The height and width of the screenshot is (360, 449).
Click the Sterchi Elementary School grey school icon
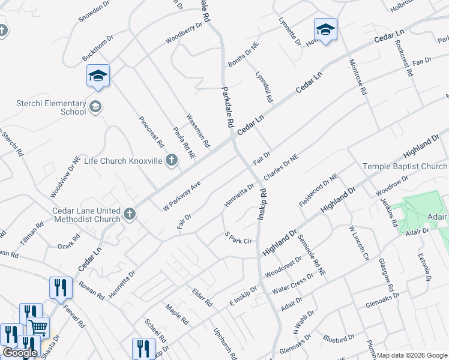tap(95, 107)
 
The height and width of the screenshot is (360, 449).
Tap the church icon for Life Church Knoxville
tap(172, 160)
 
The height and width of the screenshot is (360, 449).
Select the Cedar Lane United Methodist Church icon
tap(129, 214)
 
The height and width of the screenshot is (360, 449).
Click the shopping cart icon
tap(38, 327)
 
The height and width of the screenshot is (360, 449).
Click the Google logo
tap(20, 353)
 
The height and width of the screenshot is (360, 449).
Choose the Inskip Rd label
tap(262, 204)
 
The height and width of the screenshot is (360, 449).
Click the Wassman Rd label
tap(197, 131)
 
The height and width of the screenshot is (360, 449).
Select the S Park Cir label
tap(237, 238)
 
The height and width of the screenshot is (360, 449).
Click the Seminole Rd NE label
tap(312, 255)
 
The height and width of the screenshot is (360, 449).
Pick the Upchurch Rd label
tap(225, 340)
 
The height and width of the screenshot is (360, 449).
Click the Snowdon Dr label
tap(95, 11)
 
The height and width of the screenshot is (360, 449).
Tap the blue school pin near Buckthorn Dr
tap(98, 76)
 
